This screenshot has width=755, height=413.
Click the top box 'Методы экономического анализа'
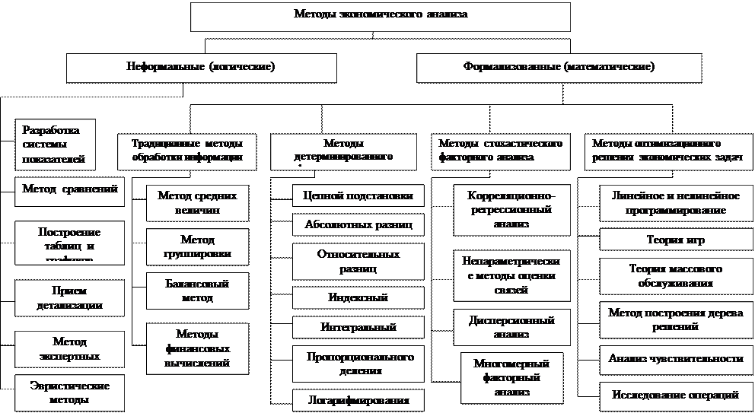point(380,15)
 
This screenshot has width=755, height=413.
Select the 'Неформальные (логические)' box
point(201,67)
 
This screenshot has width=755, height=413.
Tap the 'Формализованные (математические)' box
point(559,67)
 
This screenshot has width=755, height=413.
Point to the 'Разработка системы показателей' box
point(56,145)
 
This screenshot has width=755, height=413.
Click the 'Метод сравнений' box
point(70,190)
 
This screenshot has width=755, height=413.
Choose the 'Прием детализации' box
point(70,297)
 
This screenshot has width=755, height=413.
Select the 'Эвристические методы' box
point(69,392)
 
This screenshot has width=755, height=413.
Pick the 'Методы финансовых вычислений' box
point(197,348)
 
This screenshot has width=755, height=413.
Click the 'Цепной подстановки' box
point(358,196)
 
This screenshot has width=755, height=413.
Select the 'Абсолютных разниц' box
point(358,225)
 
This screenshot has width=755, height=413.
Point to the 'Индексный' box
point(358,298)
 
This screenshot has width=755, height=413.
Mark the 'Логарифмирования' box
point(358,399)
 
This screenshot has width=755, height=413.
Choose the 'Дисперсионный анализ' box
point(511,327)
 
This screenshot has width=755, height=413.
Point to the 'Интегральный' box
point(358,327)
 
